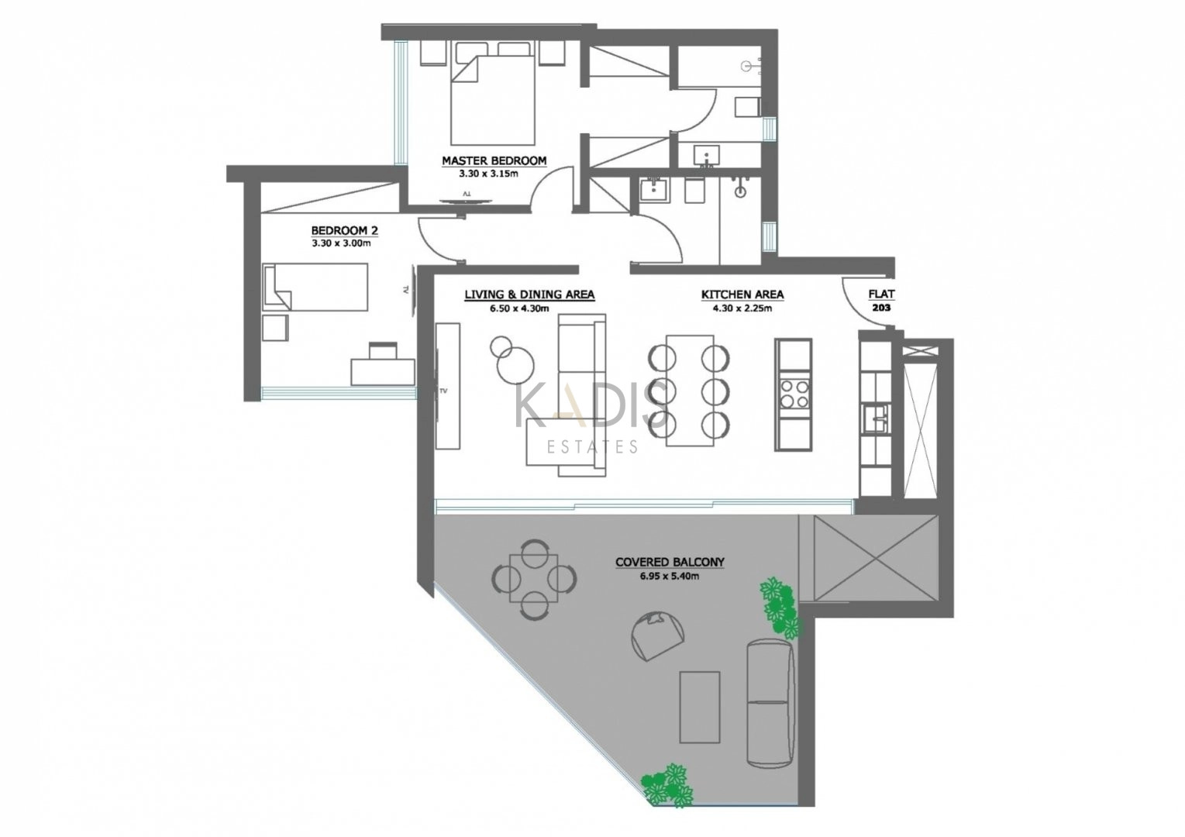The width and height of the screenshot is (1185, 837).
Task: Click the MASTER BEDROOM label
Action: [x=494, y=161]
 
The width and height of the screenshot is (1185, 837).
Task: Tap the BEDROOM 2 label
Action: [x=344, y=231]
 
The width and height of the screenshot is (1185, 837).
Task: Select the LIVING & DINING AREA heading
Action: [x=529, y=294]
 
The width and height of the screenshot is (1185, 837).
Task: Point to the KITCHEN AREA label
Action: [x=742, y=294]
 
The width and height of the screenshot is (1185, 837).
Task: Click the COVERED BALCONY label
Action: [x=670, y=562]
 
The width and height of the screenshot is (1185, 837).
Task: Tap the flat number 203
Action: [x=882, y=308]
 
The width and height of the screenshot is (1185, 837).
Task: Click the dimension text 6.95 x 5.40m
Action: [x=669, y=576]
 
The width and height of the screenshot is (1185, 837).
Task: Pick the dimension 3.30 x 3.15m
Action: [x=488, y=174]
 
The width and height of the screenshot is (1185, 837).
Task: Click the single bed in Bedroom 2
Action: [x=315, y=286]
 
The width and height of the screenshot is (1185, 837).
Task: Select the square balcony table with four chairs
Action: [x=533, y=577]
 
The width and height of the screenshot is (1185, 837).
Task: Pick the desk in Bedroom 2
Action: [x=383, y=372]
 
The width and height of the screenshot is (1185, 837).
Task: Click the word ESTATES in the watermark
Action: [x=592, y=448]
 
